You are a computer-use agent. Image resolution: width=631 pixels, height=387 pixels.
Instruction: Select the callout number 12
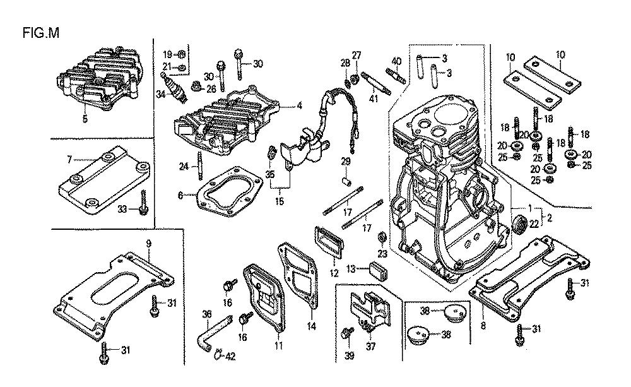pyautogui.click(x=334, y=273)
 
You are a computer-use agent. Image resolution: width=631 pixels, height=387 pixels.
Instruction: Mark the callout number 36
pyautogui.click(x=206, y=314)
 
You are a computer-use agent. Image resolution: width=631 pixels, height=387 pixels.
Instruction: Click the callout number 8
pyautogui.click(x=483, y=326)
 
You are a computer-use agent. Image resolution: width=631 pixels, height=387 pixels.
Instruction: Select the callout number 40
pyautogui.click(x=396, y=61)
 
